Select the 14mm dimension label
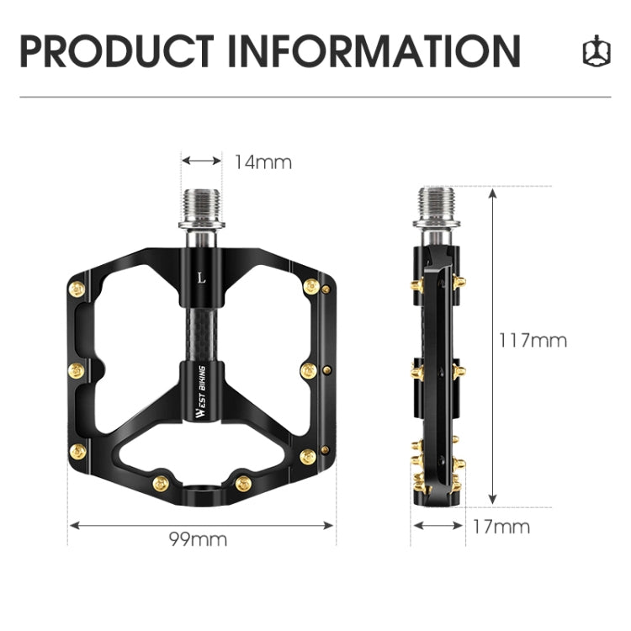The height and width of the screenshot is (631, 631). [x=262, y=162]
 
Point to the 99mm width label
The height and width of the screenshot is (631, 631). [x=199, y=539]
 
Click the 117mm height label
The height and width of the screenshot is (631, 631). [x=533, y=341]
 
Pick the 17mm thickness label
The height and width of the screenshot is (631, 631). [x=501, y=527]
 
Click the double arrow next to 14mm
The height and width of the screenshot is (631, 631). [x=202, y=161]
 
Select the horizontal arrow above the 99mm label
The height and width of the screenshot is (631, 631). [x=201, y=525]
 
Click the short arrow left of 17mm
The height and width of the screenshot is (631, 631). [x=437, y=526]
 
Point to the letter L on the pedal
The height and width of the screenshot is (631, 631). [x=200, y=276]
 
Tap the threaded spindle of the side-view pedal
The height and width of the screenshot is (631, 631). [x=437, y=207]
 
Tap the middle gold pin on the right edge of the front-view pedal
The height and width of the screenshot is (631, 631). [x=308, y=370]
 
